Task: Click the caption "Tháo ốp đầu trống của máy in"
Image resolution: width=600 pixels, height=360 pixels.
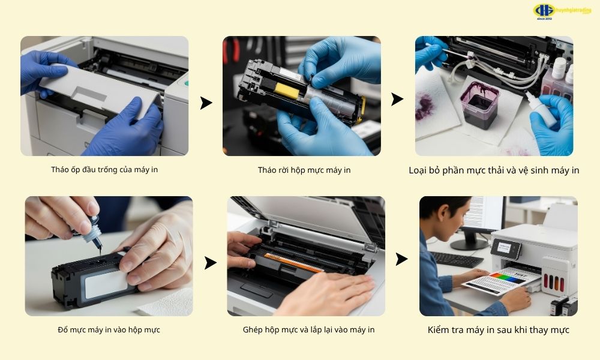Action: [x=104, y=169]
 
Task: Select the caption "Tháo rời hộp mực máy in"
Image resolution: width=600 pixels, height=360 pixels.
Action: [x=304, y=170]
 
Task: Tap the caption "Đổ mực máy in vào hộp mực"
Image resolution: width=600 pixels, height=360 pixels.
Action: [x=109, y=330]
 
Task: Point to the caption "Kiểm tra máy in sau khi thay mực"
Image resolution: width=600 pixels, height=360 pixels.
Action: [x=498, y=330]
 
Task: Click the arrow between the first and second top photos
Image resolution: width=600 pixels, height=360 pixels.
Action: [x=206, y=103]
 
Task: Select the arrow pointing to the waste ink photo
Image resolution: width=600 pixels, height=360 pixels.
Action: [x=397, y=100]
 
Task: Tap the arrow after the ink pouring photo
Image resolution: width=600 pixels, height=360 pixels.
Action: [x=210, y=263]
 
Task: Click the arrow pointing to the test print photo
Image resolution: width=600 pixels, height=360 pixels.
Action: [x=401, y=259]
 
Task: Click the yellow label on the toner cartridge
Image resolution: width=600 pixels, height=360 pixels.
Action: [x=283, y=90]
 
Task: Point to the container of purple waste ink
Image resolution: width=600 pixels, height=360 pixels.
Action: [x=479, y=104]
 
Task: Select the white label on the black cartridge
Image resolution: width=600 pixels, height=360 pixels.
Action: [x=105, y=284]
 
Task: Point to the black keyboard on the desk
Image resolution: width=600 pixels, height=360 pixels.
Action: [x=457, y=259]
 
